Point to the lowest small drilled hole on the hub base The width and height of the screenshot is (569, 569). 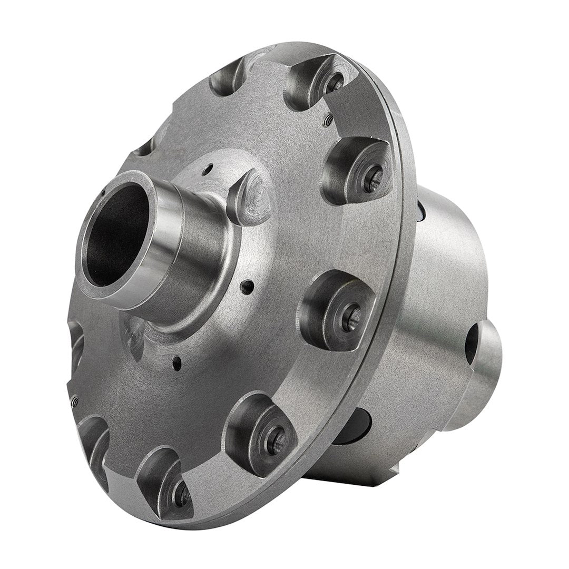[178, 362]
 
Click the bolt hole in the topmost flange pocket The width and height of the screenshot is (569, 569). [333, 80]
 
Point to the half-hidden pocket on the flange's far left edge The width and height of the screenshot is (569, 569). [76, 342]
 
